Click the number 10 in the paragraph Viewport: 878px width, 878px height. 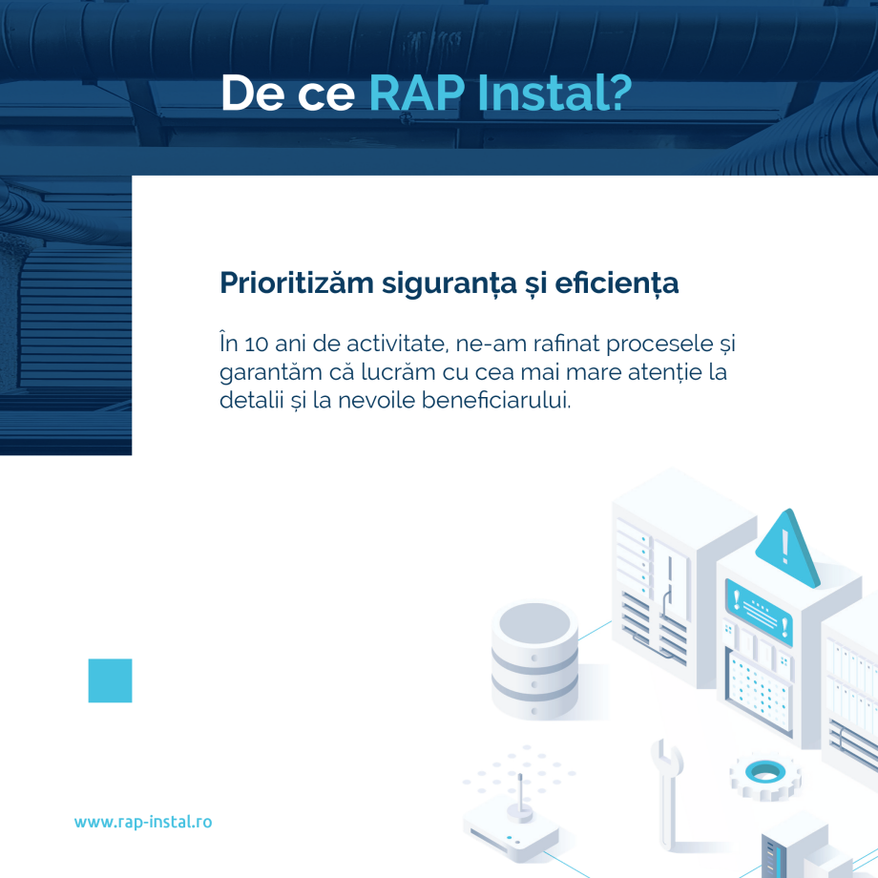coord(253,342)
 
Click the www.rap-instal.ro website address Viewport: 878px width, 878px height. coord(143,822)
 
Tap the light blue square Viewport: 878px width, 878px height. coord(110,680)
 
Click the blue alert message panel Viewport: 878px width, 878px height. coord(759,607)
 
